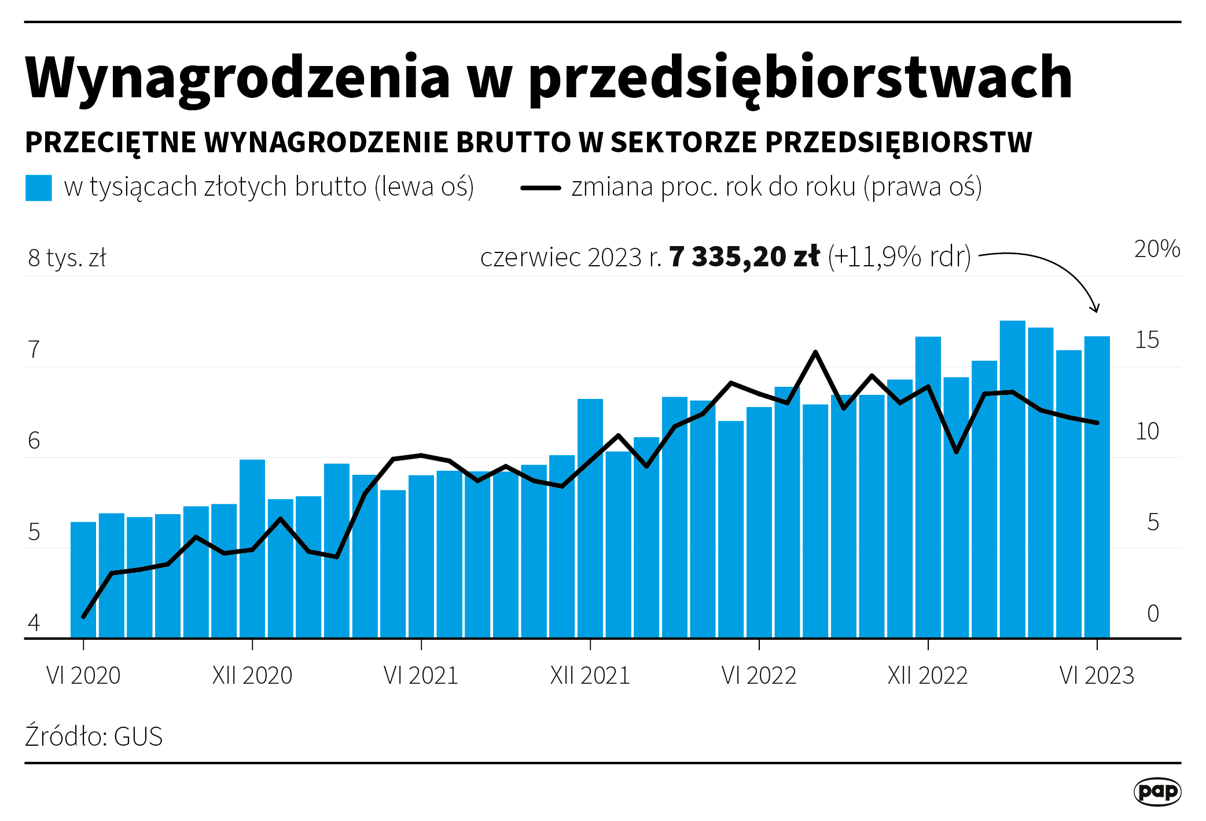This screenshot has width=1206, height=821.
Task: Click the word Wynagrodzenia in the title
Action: coord(237,78)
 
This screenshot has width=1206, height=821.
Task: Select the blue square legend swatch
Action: coord(39,188)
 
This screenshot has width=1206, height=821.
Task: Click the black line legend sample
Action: coord(541,188)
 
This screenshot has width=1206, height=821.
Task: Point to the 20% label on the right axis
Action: coord(1156,249)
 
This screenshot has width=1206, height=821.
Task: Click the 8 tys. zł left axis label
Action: coord(67,258)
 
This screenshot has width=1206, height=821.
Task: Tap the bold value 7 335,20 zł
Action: coord(744,256)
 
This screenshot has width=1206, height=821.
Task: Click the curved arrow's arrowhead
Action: coord(1094,308)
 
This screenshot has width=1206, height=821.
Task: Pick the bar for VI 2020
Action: coord(83,579)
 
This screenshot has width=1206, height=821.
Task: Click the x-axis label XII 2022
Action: coord(928,676)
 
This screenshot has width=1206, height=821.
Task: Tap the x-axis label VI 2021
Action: coord(421,676)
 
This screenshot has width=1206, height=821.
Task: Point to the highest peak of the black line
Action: coord(815,352)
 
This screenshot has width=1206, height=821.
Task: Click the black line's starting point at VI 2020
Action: coord(83,617)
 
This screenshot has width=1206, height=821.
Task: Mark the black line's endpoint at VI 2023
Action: coord(1097,423)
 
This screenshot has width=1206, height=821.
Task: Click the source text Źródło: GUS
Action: coord(94,736)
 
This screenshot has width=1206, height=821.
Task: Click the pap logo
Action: coord(1157,791)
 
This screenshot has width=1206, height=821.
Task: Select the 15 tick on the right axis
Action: coord(1147,340)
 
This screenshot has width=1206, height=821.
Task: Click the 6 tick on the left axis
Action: coord(34,441)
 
